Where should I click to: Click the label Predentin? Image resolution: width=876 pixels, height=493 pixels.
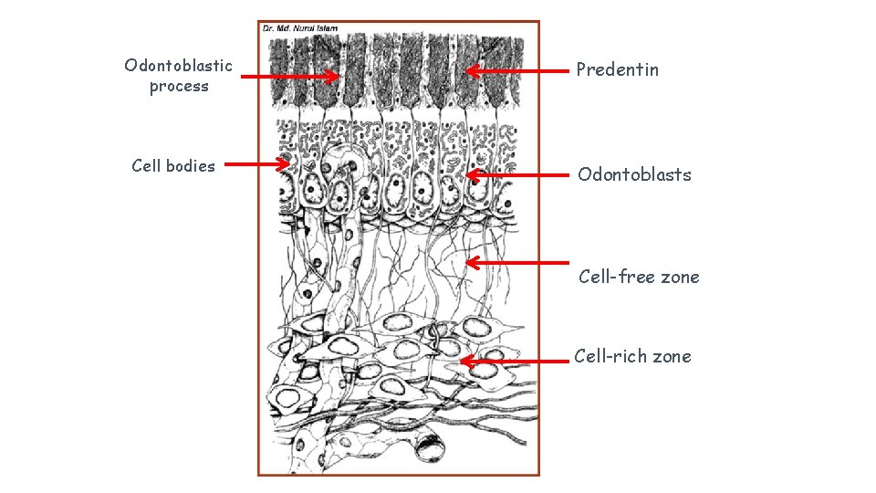point(617,70)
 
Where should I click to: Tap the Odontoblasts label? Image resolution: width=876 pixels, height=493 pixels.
point(634,174)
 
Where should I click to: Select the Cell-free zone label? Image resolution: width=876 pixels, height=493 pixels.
point(639,277)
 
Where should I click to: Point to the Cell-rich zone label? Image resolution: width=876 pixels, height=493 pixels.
point(632,356)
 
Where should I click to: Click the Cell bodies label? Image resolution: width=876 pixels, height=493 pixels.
point(173,165)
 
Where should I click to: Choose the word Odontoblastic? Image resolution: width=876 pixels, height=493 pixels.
point(179,65)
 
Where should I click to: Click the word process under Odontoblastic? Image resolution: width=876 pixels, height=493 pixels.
point(179,87)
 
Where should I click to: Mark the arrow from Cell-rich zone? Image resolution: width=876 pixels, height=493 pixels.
point(515,362)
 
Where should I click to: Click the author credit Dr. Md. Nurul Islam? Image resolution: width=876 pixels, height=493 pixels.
point(300,28)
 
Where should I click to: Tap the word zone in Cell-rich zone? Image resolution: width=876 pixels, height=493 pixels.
point(671,356)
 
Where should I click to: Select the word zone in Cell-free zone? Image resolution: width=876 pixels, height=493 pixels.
point(679,277)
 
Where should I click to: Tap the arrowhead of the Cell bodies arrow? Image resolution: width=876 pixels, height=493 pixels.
point(285,165)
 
